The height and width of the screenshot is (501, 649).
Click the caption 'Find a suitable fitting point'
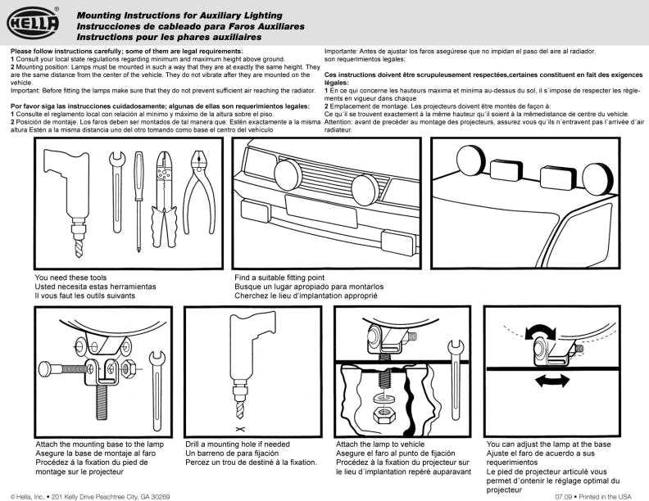[x=279, y=278]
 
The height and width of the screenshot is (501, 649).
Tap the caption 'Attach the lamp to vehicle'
[x=380, y=444]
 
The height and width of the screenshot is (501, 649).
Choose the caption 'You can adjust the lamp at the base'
[x=548, y=444]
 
